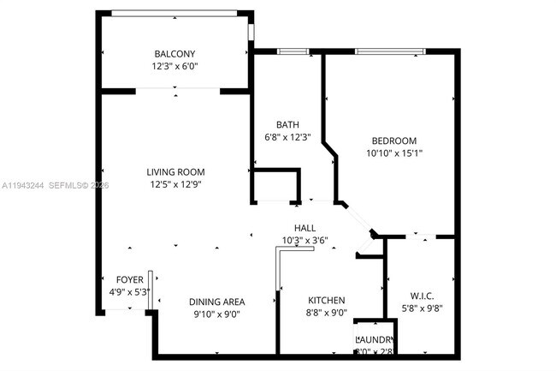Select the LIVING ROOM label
pos(174,171)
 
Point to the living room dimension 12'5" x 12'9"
pos(174,183)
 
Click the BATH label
pos(287,125)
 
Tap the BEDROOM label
pos(393,141)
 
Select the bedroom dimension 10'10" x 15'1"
pos(393,153)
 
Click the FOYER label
pos(130,280)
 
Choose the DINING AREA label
pos(217,302)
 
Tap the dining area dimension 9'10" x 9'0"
pos(217,314)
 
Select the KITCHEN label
pos(327,301)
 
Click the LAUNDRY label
pos(375,339)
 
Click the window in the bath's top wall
pos(293,51)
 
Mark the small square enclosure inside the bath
pos(274,186)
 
